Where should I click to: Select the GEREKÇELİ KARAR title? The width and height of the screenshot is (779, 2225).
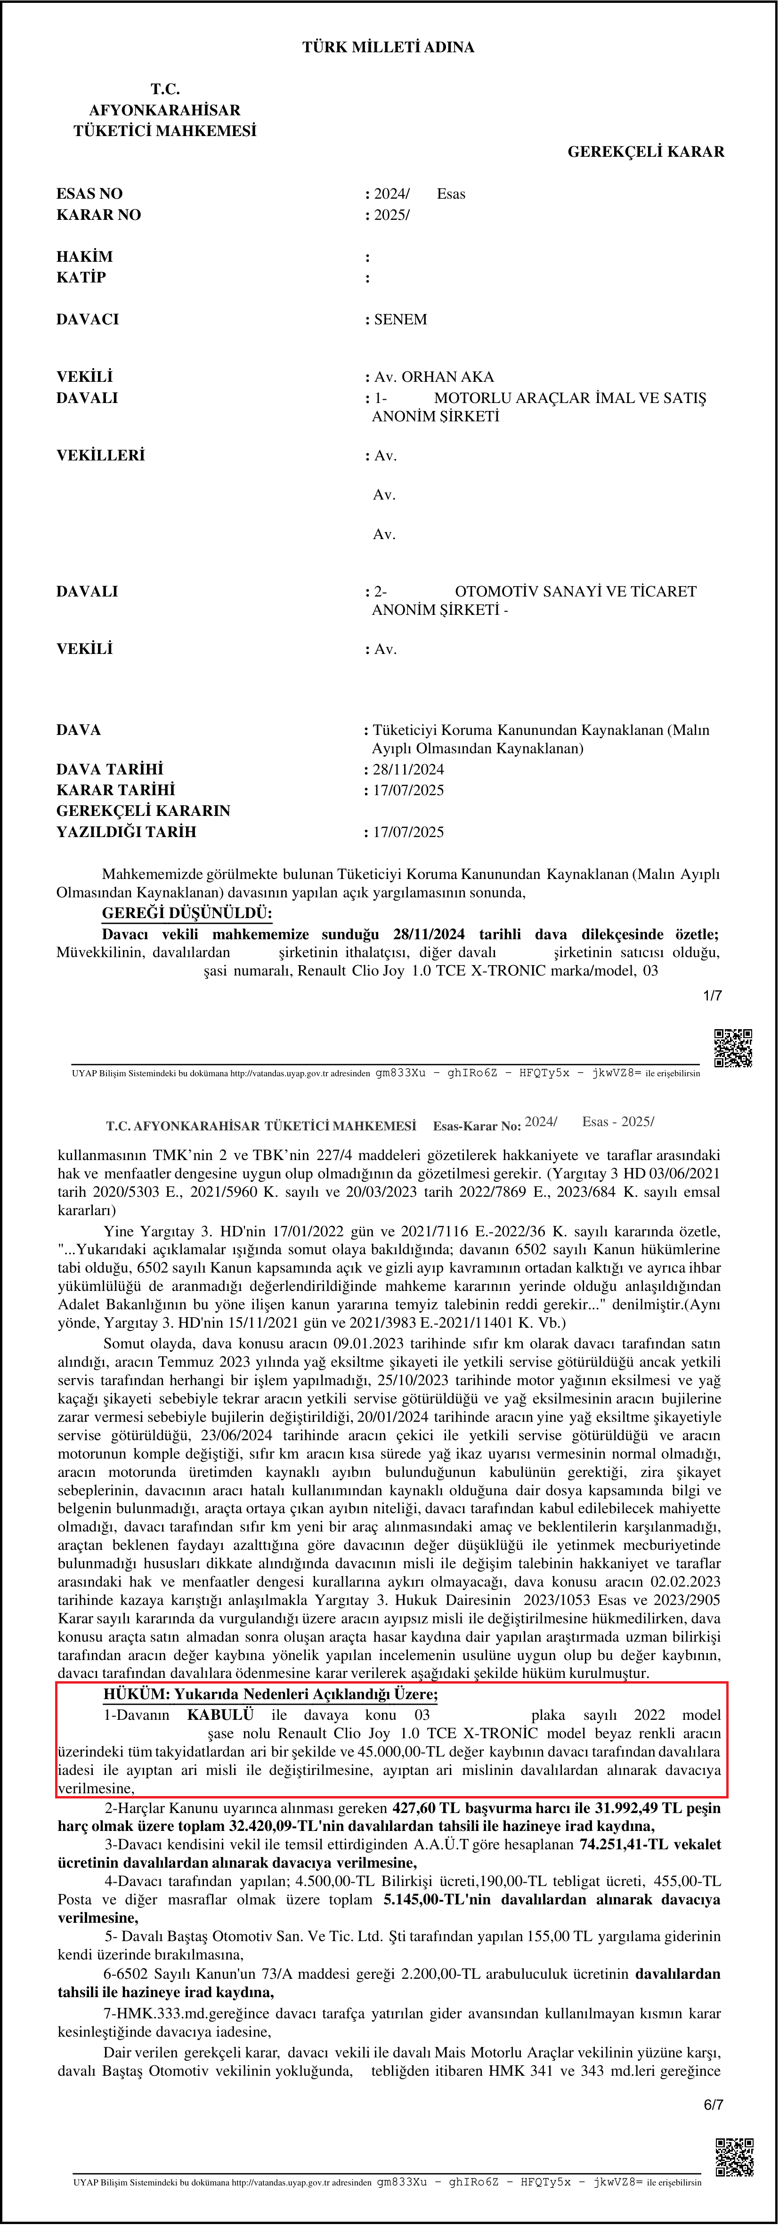645,152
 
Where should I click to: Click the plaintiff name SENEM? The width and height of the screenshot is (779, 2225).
401,320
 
